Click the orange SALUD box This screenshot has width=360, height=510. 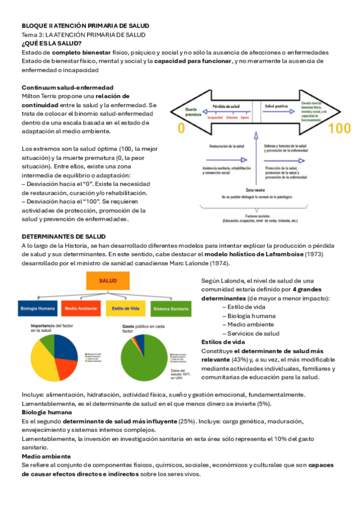point(108,281)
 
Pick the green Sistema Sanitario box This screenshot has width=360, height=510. point(171,309)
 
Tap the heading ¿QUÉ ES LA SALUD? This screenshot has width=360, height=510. point(47,44)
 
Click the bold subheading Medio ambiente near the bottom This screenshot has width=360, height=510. point(46,456)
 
